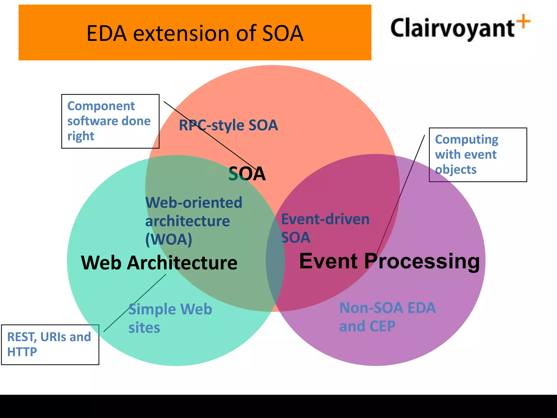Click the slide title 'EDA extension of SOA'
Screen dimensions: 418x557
tap(195, 33)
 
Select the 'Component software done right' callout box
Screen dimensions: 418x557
tap(110, 121)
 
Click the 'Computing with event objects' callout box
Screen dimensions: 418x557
tap(478, 155)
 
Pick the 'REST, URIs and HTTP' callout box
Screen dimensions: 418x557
tap(50, 344)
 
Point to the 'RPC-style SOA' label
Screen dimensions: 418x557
tap(228, 125)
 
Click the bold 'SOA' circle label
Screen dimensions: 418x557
tap(247, 174)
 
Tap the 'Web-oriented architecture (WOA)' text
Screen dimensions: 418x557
tap(193, 221)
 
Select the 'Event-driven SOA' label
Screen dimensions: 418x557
tap(325, 228)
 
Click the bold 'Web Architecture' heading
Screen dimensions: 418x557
tap(159, 263)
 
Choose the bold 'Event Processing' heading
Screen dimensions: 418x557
tap(389, 261)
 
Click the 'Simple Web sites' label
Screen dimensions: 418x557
tap(170, 318)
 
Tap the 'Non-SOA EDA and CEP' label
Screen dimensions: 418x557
tap(387, 317)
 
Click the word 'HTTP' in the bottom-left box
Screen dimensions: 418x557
tap(22, 352)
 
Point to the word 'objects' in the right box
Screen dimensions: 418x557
tap(456, 170)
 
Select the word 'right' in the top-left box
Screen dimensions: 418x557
tap(81, 136)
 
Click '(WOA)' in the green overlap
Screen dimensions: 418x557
tap(169, 239)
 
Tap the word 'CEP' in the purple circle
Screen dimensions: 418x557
tap(382, 326)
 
